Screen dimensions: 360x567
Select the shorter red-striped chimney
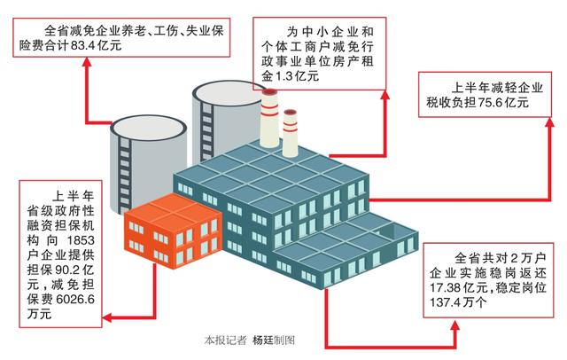[x=290, y=133]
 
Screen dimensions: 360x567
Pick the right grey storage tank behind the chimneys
[x=221, y=111]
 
